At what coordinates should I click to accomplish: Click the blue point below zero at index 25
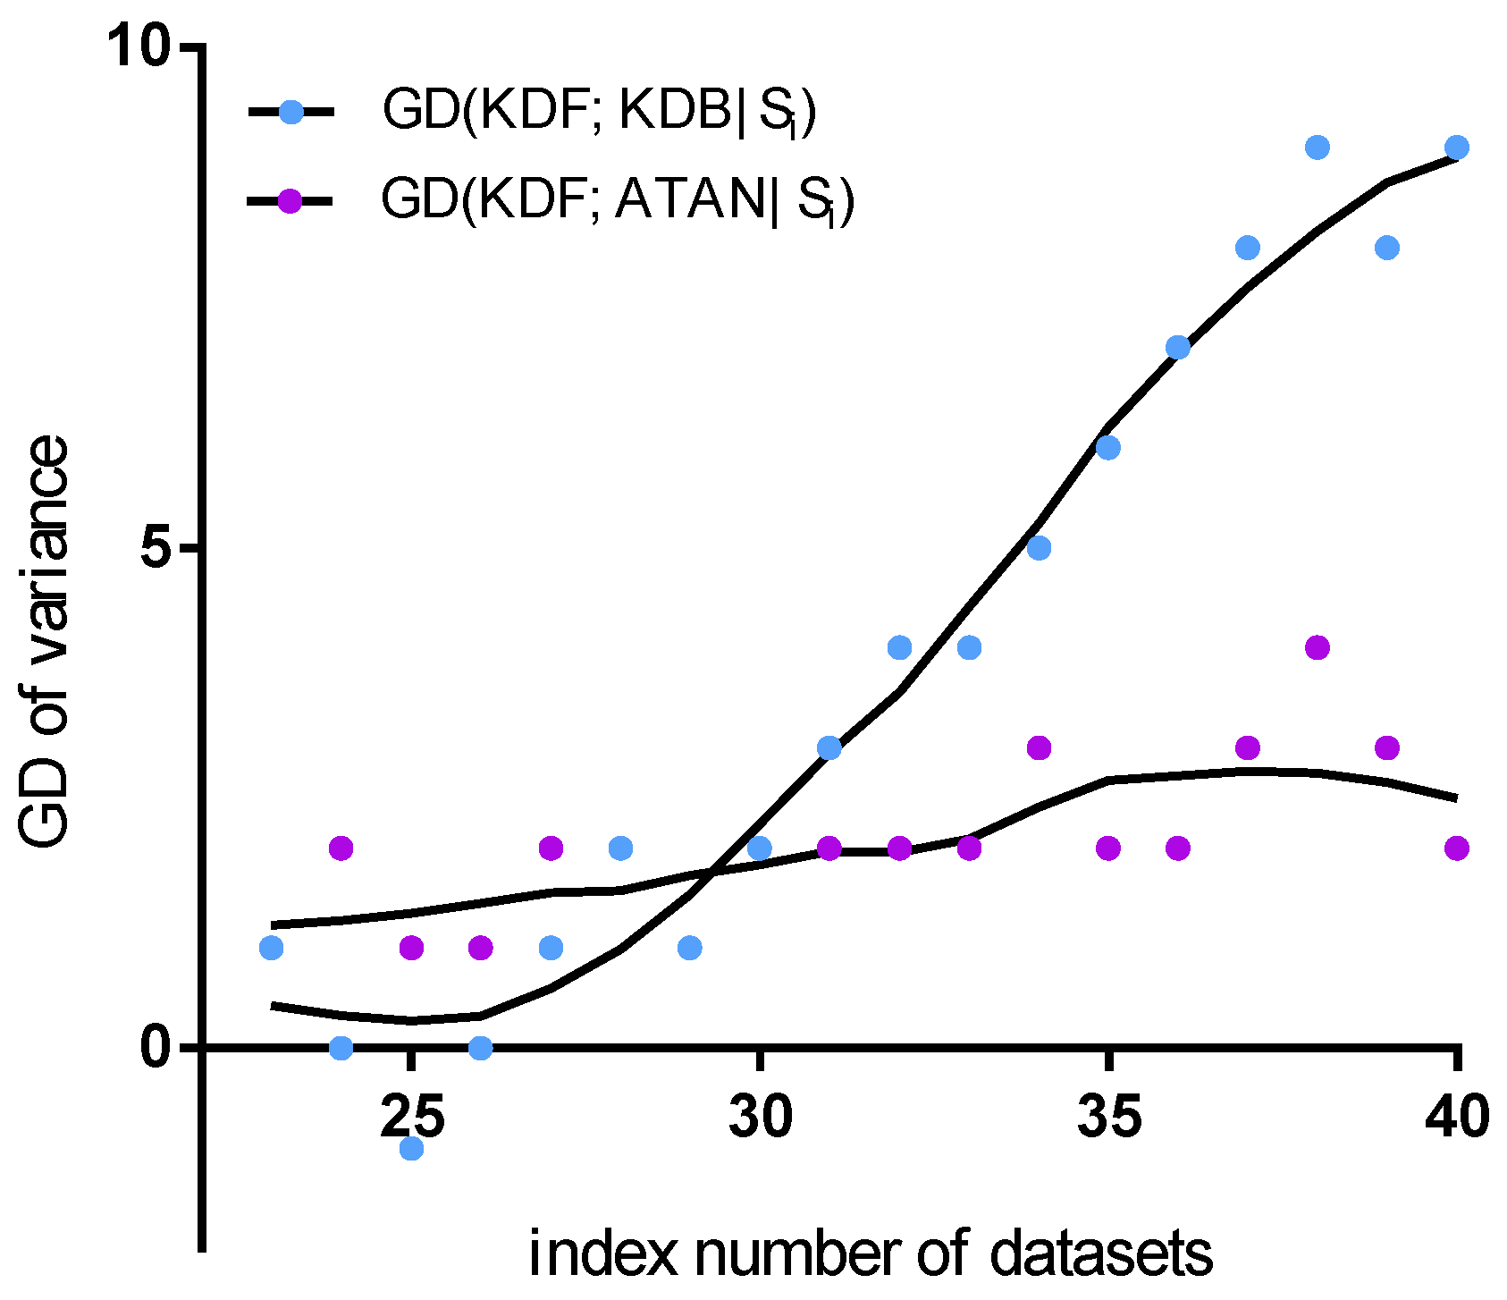pos(411,1147)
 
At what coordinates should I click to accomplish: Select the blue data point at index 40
pos(1457,148)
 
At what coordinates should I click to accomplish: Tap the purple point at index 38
pos(1318,647)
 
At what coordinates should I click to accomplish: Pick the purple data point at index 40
pos(1457,848)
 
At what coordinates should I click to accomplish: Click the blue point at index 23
pos(272,948)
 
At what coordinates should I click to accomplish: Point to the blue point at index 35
pos(1108,447)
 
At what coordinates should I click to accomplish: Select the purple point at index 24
pos(341,848)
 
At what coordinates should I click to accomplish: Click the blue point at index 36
pos(1178,347)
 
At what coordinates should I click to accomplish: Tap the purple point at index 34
pos(1039,747)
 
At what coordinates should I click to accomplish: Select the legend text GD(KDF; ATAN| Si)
pos(617,199)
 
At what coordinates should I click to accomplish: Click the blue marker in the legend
pos(290,113)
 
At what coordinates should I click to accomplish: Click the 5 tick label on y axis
pos(158,547)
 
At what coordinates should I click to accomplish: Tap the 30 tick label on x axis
pos(760,1118)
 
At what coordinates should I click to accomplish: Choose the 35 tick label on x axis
pos(1108,1118)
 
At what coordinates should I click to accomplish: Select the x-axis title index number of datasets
pos(871,1254)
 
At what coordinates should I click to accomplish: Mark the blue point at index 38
pos(1318,148)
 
